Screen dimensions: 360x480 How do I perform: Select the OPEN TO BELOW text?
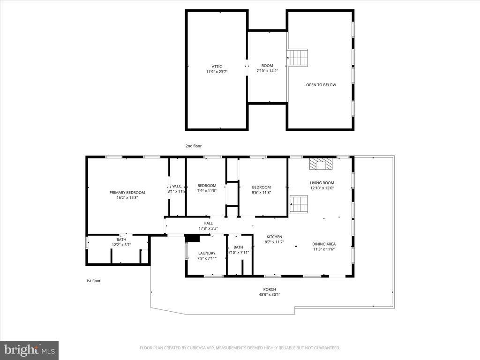(x=321, y=85)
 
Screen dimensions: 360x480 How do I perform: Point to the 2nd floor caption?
(x=193, y=146)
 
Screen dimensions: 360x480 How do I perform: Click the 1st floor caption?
(x=93, y=281)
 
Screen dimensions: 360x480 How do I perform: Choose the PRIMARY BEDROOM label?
(x=127, y=192)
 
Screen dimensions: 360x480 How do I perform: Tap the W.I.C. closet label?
(x=177, y=186)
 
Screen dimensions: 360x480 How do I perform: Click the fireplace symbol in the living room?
(x=321, y=164)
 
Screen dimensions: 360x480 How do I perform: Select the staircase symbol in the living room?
(x=298, y=204)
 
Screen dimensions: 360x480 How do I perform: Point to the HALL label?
(x=208, y=223)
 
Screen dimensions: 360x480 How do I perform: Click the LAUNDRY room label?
(x=207, y=253)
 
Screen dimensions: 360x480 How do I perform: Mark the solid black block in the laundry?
(x=192, y=238)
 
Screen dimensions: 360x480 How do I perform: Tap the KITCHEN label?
(x=274, y=237)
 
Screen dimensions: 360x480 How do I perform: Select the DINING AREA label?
(x=324, y=244)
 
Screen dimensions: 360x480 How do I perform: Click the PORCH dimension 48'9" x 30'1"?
(x=270, y=295)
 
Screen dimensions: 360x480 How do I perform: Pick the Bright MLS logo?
(x=29, y=350)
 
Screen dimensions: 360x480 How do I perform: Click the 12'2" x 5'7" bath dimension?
(x=121, y=245)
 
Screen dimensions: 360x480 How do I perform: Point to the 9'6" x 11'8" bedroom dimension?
(x=261, y=192)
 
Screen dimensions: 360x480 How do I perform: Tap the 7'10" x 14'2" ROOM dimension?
(x=267, y=71)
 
